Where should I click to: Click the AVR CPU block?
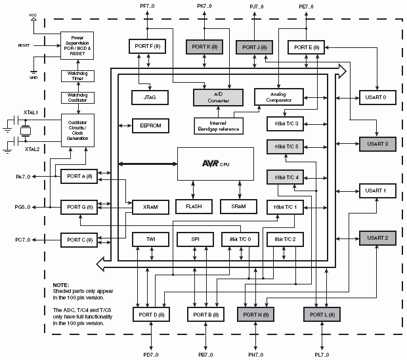click(x=215, y=164)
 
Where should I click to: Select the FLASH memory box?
click(x=194, y=206)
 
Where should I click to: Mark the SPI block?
click(x=194, y=240)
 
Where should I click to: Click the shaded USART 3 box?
click(x=377, y=144)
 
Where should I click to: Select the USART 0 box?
click(x=377, y=97)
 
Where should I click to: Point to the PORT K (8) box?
click(x=205, y=47)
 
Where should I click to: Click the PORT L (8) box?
click(x=321, y=315)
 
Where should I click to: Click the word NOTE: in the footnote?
click(x=61, y=284)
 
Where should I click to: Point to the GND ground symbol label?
click(x=33, y=76)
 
